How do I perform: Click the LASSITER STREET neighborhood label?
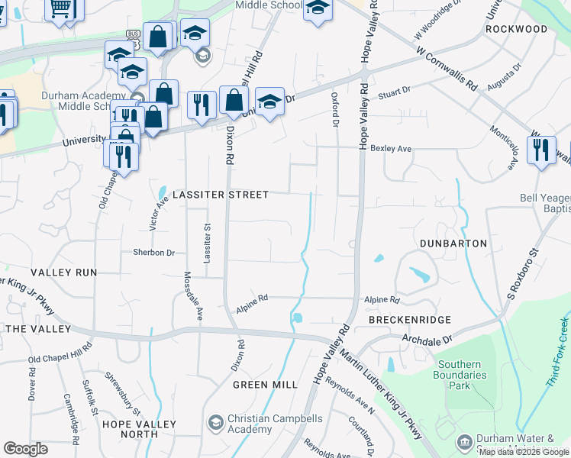point(221,195)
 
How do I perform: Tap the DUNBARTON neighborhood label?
point(453,243)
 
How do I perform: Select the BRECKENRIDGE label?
point(409,320)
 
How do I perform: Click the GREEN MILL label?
point(265,385)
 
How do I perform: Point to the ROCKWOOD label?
point(516,29)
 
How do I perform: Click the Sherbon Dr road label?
point(154,252)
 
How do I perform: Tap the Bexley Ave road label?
point(391,149)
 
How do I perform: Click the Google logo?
point(25,449)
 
